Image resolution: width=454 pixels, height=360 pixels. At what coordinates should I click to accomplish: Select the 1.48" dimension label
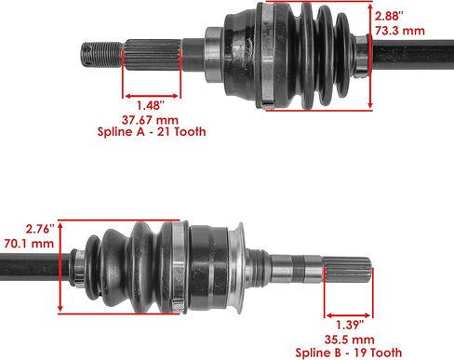point(151,104)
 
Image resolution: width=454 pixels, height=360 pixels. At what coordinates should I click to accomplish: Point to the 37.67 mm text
point(151,119)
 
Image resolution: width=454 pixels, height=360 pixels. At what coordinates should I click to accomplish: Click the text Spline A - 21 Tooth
point(151,133)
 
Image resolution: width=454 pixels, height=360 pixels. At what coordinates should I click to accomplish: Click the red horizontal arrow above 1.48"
point(151,93)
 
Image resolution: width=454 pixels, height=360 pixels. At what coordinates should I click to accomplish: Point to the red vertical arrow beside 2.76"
point(60,266)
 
